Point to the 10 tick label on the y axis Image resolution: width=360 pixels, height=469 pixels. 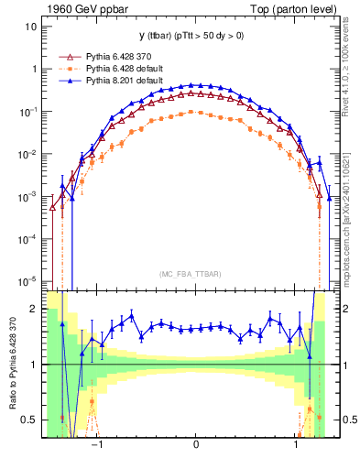(29, 27)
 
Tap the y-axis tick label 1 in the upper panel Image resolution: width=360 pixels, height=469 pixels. (33, 69)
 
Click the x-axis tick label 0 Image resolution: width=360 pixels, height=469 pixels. (196, 444)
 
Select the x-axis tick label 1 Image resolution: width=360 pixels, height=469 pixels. (296, 444)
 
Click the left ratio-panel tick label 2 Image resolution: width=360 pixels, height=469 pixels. (34, 309)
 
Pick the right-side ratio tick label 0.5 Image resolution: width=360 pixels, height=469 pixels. (346, 420)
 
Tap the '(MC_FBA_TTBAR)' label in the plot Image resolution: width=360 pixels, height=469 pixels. (196, 274)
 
